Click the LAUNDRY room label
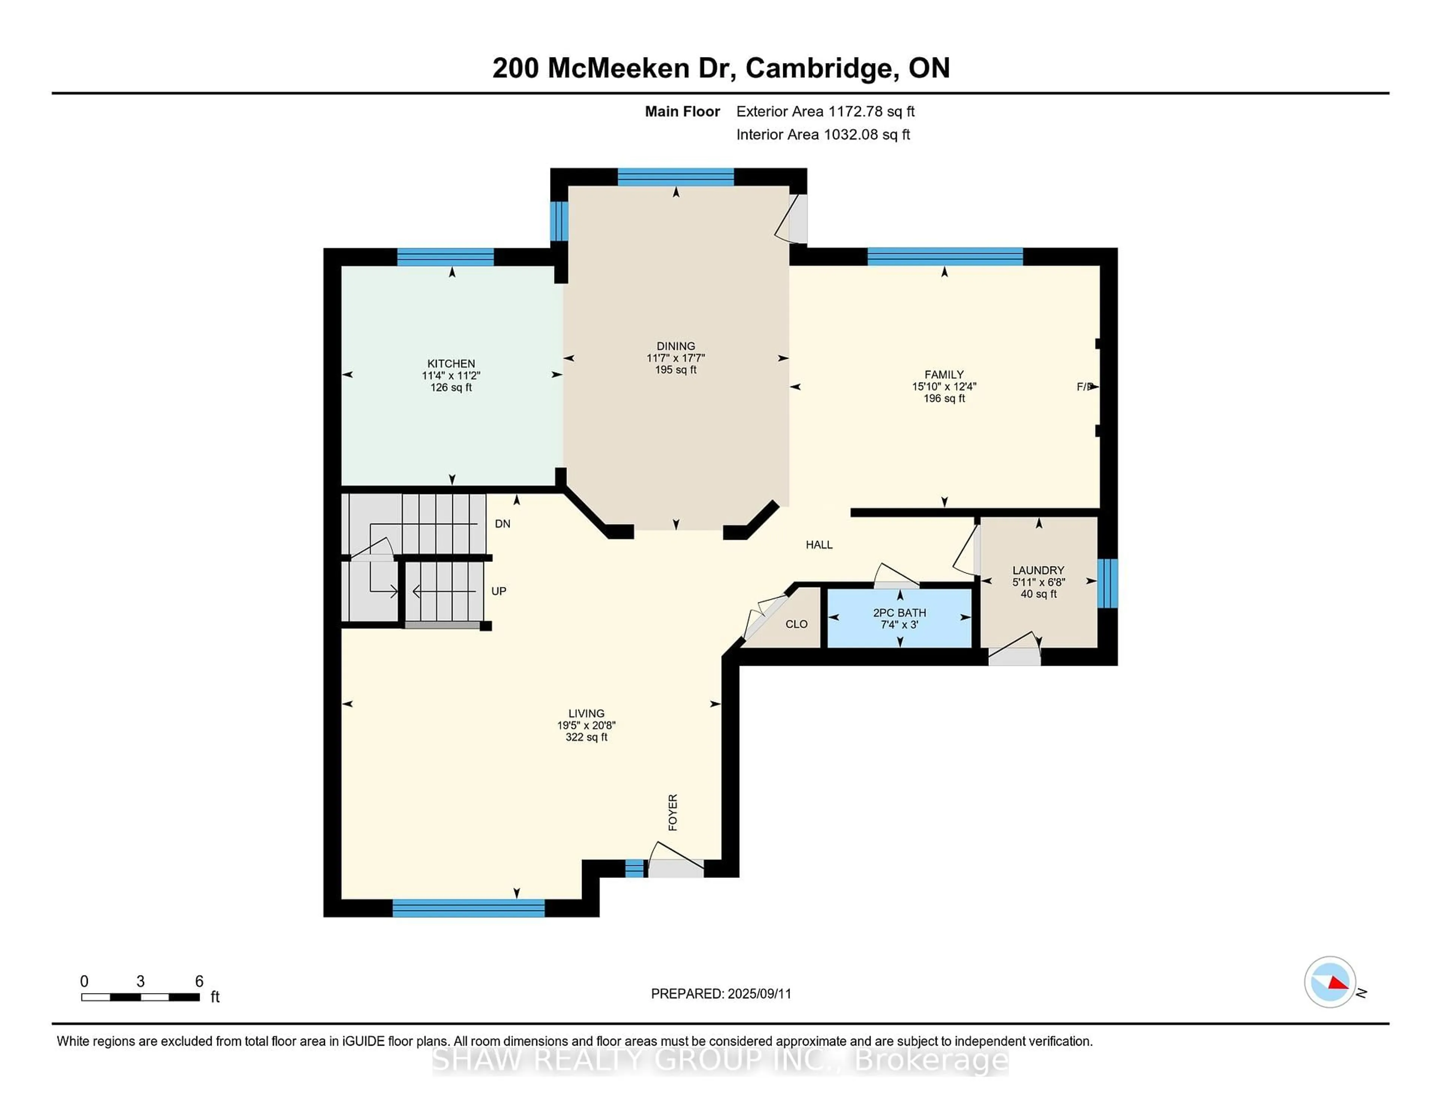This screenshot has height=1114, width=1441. point(1038,570)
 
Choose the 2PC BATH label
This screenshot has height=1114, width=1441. point(899,613)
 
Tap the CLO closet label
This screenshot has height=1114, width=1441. point(796,624)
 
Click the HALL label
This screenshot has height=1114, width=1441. point(819,545)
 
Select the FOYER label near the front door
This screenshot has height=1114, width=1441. point(673,812)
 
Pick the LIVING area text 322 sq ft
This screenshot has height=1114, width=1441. point(586,737)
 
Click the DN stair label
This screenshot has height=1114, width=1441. point(503,524)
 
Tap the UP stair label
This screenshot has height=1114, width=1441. point(499,591)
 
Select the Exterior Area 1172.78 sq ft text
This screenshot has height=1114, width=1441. point(826,111)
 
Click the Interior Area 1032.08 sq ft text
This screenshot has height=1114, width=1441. point(823,135)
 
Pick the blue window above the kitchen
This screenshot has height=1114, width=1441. point(445,257)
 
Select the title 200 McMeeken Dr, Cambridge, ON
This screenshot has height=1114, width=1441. point(720,68)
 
